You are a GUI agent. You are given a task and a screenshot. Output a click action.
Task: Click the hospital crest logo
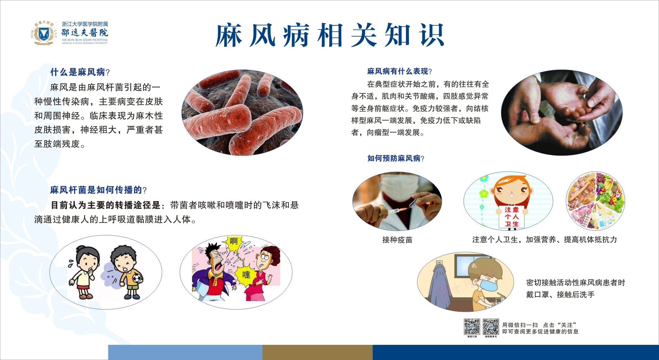coord(44,33)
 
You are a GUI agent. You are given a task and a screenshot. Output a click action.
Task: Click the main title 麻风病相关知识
coord(330,35)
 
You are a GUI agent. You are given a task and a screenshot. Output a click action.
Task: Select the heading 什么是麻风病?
coord(80,72)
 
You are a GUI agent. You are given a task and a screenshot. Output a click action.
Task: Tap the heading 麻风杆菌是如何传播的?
coord(99,190)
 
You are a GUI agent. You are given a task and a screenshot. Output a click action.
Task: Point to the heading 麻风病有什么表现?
coord(400,71)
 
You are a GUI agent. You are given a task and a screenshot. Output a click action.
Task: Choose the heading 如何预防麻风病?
coord(396,158)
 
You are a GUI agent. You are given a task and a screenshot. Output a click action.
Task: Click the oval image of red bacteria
coord(242,113)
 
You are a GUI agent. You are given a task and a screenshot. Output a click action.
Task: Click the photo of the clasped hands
coord(562,113)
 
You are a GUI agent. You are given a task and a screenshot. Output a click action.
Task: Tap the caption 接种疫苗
coord(397,240)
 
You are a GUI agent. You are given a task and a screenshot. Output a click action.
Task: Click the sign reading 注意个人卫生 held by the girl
coord(511,217)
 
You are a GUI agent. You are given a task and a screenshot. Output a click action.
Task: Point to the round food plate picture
coord(595,201)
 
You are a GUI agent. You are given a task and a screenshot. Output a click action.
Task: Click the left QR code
coord(472,327)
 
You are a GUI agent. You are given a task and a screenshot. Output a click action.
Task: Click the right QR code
coord(491,327)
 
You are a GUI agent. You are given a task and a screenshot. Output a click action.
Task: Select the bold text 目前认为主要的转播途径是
coord(106,205)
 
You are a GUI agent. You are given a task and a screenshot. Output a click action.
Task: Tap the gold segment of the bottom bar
coord(317,352)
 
